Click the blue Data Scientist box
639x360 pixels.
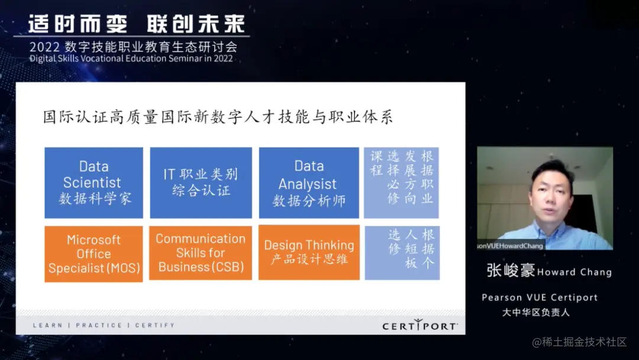point(93,182)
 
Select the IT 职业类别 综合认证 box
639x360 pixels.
point(201,182)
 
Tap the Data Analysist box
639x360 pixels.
point(309,182)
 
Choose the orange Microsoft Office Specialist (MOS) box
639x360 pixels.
point(93,253)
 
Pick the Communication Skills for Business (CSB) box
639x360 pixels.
point(201,253)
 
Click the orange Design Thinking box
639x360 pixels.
point(309,252)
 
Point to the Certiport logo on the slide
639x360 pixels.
point(419,325)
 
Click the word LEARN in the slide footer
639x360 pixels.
point(48,325)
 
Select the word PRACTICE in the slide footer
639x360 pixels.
point(99,325)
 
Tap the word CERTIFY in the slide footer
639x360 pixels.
point(155,325)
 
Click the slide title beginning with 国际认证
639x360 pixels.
point(218,117)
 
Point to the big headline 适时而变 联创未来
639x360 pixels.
point(137,24)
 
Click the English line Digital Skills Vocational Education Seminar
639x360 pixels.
point(131,58)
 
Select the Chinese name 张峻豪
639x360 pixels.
point(510,271)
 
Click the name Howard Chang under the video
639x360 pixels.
point(575,272)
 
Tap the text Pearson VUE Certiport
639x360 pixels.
point(540,297)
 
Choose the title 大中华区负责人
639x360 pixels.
point(536,312)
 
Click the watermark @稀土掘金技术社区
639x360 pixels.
point(579,342)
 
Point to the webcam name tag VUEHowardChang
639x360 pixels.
point(510,246)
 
